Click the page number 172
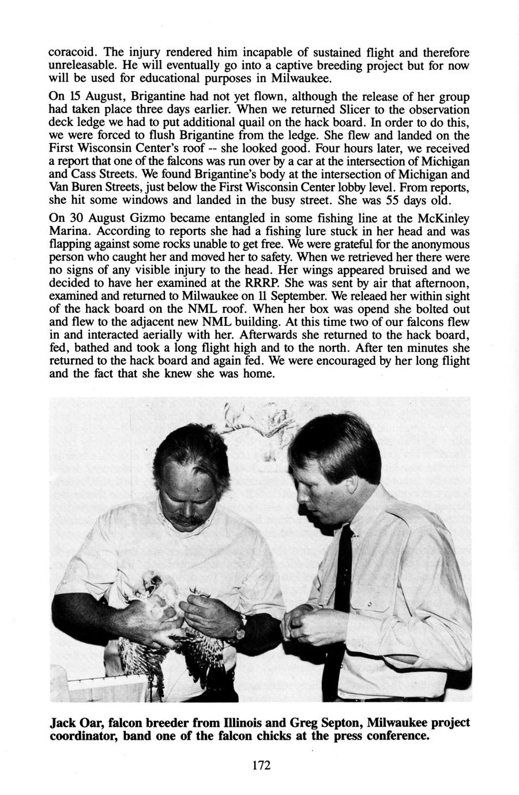pos(261,766)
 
